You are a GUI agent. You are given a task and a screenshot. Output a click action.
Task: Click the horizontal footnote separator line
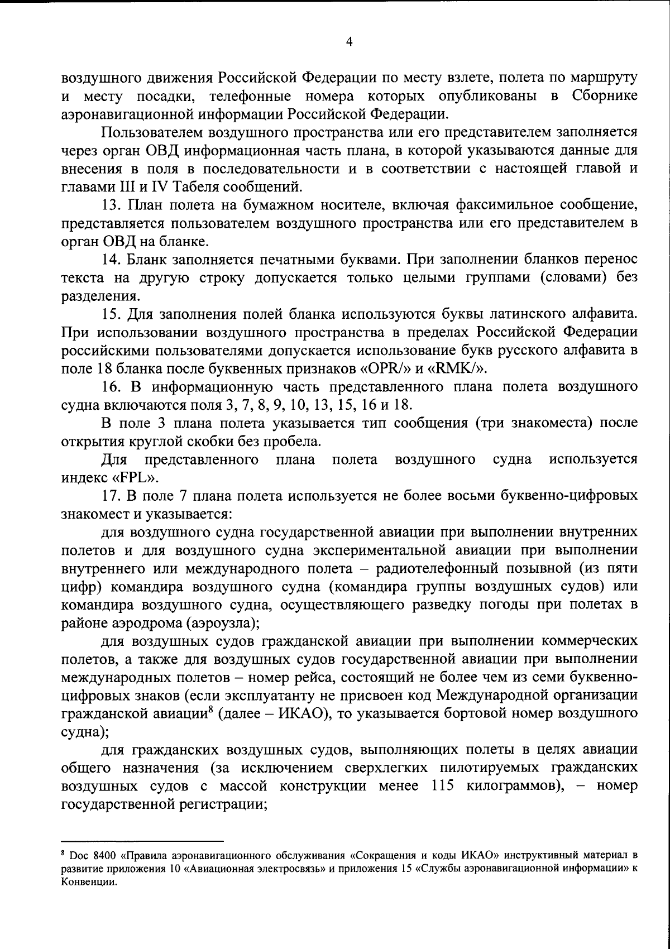click(142, 840)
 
